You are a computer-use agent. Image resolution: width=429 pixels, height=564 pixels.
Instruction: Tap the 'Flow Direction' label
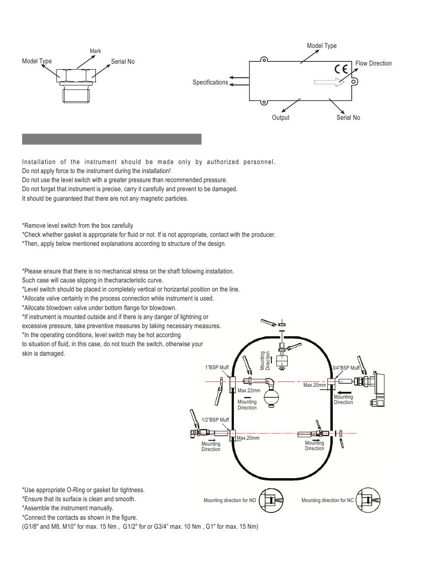coord(373,63)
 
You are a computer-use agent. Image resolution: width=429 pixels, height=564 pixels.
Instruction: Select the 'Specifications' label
coord(210,82)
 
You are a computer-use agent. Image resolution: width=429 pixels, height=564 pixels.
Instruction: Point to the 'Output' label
coord(280,117)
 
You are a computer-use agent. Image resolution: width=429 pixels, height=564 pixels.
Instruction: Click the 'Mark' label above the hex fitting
coord(95,51)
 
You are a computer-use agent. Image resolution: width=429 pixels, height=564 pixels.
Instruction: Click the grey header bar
coord(112,139)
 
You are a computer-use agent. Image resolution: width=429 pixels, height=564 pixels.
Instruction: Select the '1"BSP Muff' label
coord(217,367)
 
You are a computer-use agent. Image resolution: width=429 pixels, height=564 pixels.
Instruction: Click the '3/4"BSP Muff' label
coord(345,368)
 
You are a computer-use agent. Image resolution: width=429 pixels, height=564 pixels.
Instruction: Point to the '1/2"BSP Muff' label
coord(215,420)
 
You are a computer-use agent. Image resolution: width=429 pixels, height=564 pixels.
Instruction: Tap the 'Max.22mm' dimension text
coord(249,390)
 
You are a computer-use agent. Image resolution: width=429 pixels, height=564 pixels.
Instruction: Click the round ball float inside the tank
coord(271,398)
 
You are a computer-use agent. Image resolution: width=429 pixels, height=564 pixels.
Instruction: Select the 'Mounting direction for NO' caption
coord(229,500)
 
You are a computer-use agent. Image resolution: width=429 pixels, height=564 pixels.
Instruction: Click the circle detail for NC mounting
coord(367,500)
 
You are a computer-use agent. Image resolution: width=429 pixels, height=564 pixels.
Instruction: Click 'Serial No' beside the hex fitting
coord(123,61)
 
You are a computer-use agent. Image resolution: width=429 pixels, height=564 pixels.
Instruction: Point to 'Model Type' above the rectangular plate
coord(322,46)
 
